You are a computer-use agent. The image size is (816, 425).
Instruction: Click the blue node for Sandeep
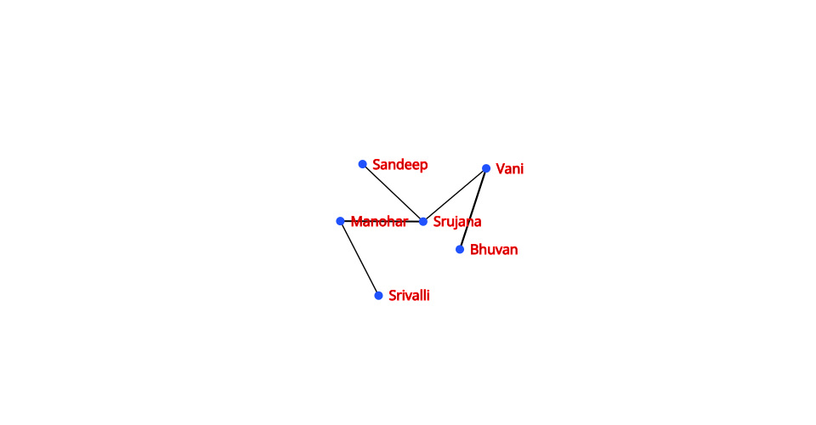[363, 164]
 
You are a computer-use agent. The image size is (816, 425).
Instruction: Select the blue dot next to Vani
[486, 168]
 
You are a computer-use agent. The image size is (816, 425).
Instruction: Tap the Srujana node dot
[423, 222]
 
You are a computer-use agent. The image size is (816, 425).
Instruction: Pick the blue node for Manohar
[340, 222]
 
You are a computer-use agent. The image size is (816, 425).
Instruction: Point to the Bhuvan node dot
[460, 250]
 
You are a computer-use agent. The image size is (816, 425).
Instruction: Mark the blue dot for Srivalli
[379, 296]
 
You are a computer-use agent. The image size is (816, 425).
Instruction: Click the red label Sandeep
[400, 165]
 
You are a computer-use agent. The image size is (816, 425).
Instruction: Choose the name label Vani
[509, 169]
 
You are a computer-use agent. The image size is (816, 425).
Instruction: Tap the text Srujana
[457, 222]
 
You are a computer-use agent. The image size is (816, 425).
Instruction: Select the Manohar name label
[379, 222]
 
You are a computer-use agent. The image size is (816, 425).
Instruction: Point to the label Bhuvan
[494, 250]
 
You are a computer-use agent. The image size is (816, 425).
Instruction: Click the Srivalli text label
[409, 296]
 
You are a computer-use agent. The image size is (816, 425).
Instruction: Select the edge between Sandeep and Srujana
[393, 193]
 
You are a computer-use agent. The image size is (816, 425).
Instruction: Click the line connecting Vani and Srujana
[454, 195]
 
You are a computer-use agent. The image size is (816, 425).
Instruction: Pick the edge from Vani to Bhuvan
[473, 209]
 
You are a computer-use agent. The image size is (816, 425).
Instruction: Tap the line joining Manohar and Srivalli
[360, 258]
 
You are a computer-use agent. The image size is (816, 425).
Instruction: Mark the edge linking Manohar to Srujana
[382, 222]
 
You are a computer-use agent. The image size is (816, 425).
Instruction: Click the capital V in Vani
[500, 169]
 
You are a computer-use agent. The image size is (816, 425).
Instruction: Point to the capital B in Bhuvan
[474, 250]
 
